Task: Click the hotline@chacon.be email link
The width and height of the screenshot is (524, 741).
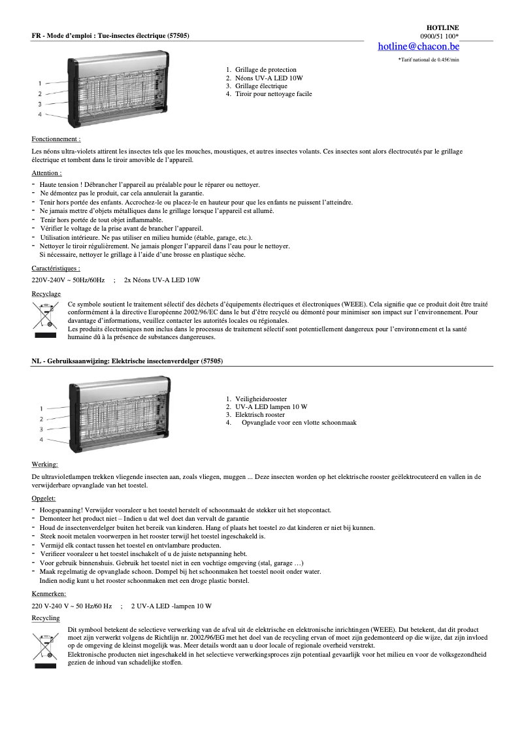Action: click(418, 46)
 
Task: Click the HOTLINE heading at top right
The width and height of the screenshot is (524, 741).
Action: click(444, 27)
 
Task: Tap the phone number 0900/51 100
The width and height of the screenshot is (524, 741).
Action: click(438, 36)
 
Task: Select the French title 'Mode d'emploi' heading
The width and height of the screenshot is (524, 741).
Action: click(110, 35)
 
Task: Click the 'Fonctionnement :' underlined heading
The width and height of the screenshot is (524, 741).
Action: click(56, 139)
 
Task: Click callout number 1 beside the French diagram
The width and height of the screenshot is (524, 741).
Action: click(40, 84)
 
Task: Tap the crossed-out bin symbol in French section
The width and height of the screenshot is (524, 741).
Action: click(45, 315)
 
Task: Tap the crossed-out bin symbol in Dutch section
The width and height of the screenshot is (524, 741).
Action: click(45, 643)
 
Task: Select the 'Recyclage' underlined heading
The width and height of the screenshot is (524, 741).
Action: click(46, 294)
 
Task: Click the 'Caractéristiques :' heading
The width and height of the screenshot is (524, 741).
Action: click(56, 269)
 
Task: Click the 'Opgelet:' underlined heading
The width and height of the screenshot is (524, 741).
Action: click(44, 499)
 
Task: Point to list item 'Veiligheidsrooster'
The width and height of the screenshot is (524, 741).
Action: click(261, 399)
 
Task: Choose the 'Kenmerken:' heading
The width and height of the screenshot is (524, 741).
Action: click(48, 594)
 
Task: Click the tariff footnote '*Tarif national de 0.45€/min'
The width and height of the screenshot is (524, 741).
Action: click(429, 59)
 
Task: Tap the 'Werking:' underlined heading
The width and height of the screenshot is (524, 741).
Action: click(44, 465)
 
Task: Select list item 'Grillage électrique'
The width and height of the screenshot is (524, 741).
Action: click(261, 86)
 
